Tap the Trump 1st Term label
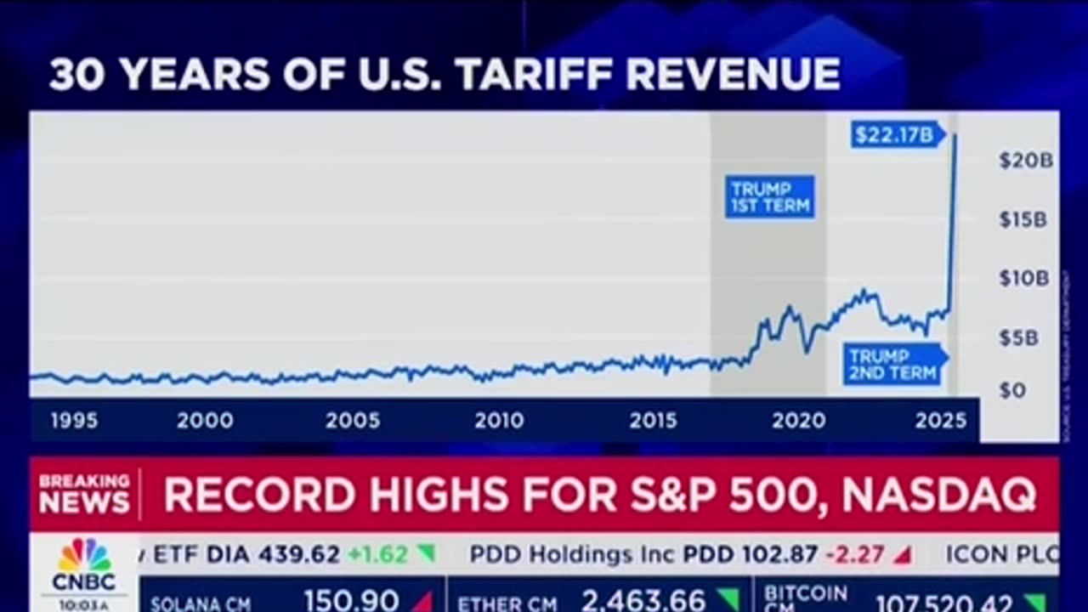[770, 196]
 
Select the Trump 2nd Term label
[892, 364]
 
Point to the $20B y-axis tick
[1025, 160]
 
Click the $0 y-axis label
[1012, 390]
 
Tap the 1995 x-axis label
[74, 420]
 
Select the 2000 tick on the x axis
[205, 420]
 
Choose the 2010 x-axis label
[499, 420]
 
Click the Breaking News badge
[84, 494]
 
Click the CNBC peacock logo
[83, 555]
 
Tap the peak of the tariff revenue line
[955, 135]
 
